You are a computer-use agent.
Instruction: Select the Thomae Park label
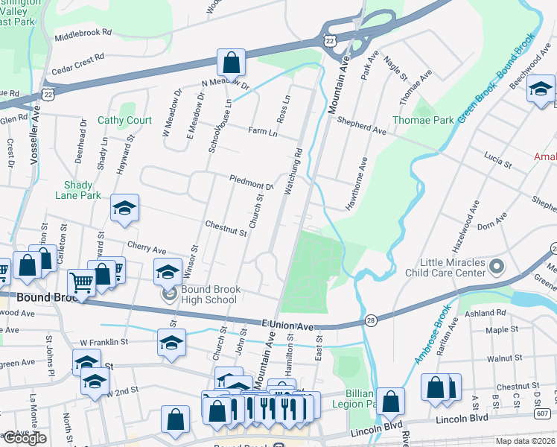coord(433,119)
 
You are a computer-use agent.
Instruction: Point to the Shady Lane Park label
coord(77,190)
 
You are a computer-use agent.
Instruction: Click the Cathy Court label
coord(125,120)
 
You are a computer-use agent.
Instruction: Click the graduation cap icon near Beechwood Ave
coord(541,89)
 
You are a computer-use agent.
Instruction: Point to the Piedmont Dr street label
coord(252,183)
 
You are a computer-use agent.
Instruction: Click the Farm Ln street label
coord(262,133)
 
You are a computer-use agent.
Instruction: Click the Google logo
coord(25,438)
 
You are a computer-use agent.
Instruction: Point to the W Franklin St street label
coord(104,342)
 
